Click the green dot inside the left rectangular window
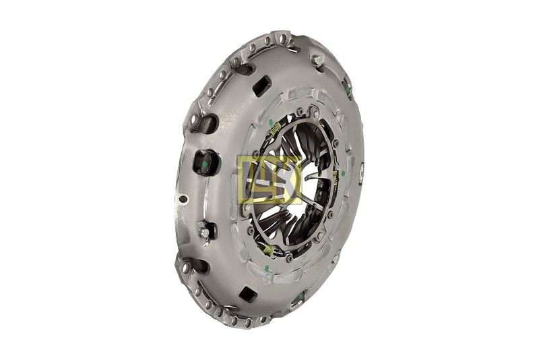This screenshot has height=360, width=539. pyautogui.click(x=205, y=164)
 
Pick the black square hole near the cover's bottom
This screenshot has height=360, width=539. pyautogui.click(x=248, y=294)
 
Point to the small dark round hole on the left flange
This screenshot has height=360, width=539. pyautogui.click(x=183, y=199)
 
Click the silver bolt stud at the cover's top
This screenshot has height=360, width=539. pyautogui.click(x=317, y=61)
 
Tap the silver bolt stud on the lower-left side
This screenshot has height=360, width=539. pyautogui.click(x=204, y=233)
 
